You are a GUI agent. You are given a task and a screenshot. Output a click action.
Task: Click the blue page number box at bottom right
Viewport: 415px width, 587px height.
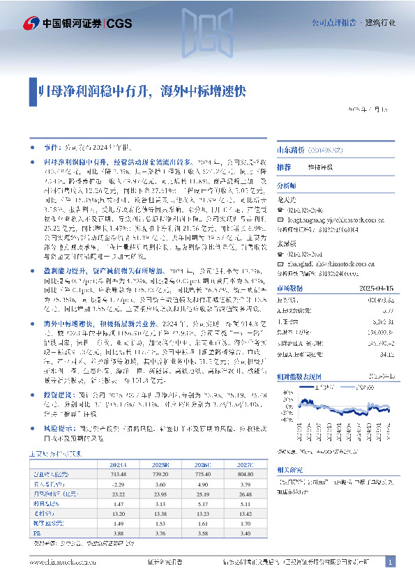point(391,562)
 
